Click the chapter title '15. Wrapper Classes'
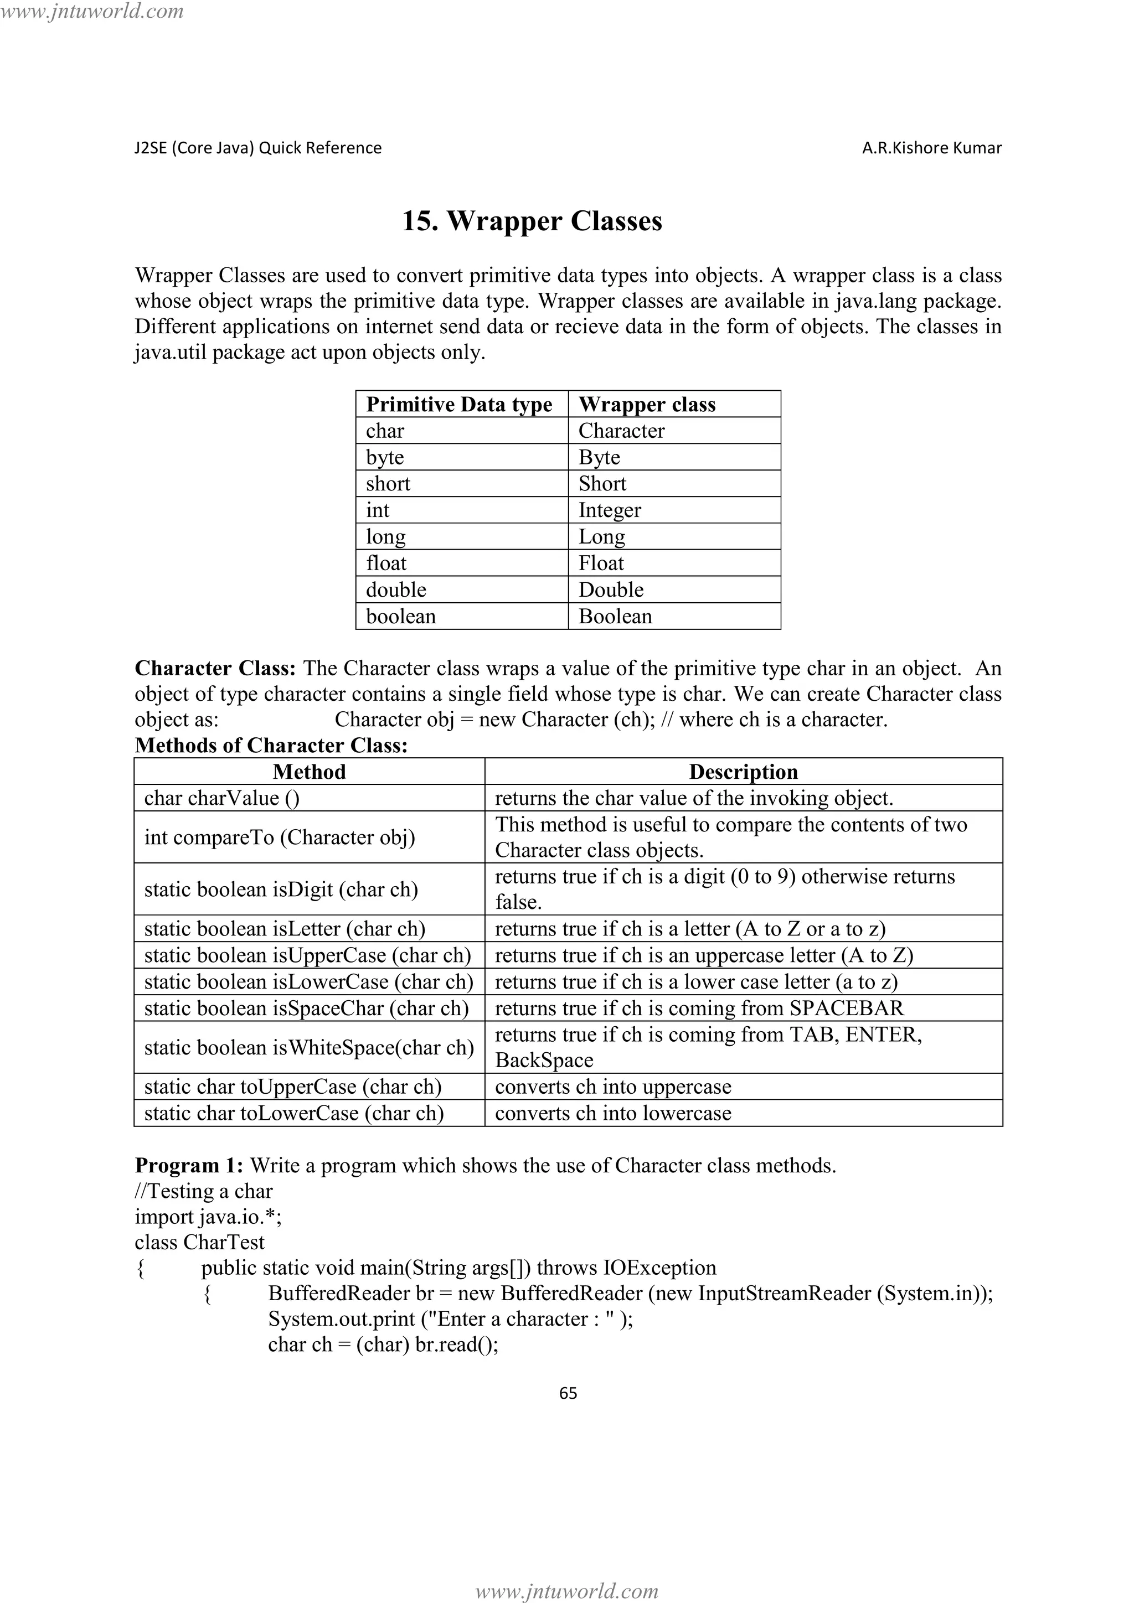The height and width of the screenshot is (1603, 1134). pyautogui.click(x=532, y=221)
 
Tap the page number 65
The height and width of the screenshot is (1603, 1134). pyautogui.click(x=568, y=1393)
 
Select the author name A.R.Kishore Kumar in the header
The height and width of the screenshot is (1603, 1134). pyautogui.click(x=931, y=148)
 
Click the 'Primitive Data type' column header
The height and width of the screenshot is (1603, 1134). pyautogui.click(x=459, y=404)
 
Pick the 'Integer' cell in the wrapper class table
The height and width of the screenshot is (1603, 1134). pyautogui.click(x=609, y=510)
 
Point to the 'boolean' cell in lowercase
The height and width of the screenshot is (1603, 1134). pyautogui.click(x=401, y=617)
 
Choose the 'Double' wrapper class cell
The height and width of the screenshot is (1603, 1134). pyautogui.click(x=611, y=590)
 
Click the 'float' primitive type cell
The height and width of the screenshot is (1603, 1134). pyautogui.click(x=386, y=563)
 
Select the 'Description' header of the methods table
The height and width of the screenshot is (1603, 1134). pyautogui.click(x=743, y=772)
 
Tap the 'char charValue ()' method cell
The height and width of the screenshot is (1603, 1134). pyautogui.click(x=222, y=798)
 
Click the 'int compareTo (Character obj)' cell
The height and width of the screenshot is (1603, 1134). pyautogui.click(x=279, y=837)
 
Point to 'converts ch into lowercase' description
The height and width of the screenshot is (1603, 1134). pyautogui.click(x=613, y=1113)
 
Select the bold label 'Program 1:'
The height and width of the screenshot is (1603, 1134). pyautogui.click(x=188, y=1165)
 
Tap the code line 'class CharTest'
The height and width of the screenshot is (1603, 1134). pyautogui.click(x=200, y=1242)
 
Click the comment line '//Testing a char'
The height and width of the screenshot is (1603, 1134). pyautogui.click(x=203, y=1191)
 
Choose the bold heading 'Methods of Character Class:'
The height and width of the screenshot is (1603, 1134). pyautogui.click(x=271, y=746)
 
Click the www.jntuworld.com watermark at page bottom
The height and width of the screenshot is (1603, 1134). pyautogui.click(x=566, y=1590)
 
